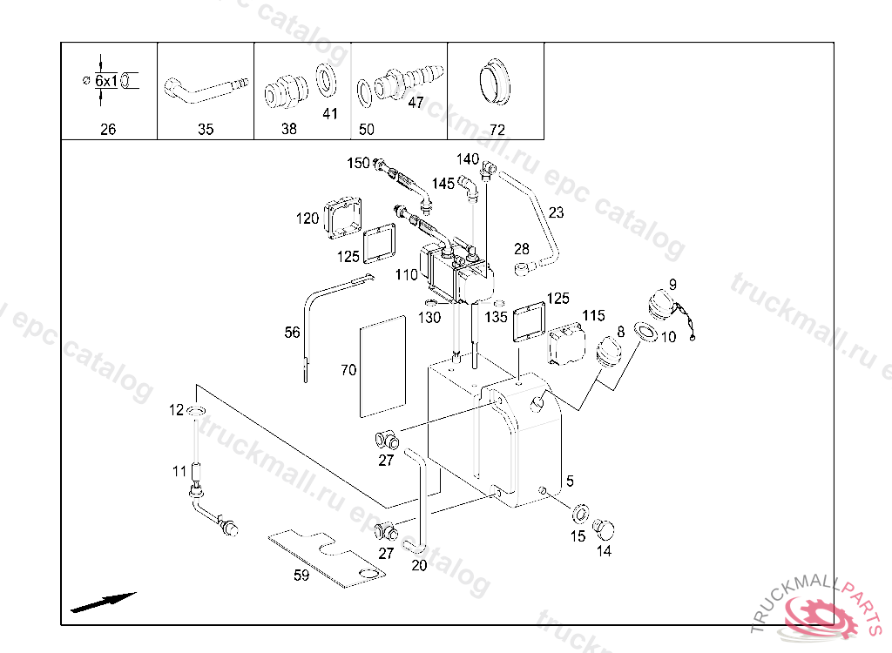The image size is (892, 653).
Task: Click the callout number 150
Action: pos(358,164)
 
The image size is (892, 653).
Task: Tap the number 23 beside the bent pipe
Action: pos(556,212)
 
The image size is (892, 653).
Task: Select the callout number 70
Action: pos(348,370)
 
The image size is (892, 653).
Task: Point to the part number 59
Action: pos(301,575)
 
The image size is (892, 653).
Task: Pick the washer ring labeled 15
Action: pos(580,510)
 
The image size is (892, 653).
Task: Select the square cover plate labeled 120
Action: pos(343,217)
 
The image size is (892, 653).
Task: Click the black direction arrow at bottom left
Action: pos(103,602)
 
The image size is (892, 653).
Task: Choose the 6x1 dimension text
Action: pos(106,81)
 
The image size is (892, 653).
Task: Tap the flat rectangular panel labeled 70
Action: pos(383,365)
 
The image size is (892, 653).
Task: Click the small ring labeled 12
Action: pos(197,411)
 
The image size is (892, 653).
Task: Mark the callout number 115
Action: pos(593,314)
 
